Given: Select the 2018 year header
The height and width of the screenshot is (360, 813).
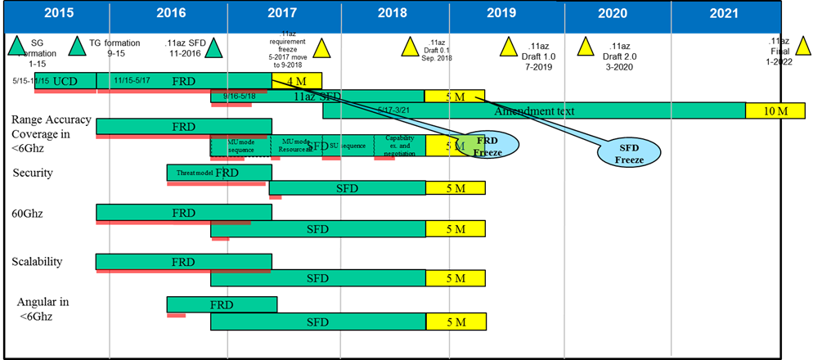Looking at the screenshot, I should click(x=392, y=13).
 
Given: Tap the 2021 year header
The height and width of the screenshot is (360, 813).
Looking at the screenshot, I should click(x=723, y=13).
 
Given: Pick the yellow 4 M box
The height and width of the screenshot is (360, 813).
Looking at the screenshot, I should click(x=296, y=80).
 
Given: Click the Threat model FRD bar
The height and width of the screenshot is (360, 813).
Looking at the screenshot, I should click(x=218, y=173).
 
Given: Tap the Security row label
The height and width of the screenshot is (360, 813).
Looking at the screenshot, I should click(x=33, y=173).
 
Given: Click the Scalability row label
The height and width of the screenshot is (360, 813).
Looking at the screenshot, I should click(x=38, y=262).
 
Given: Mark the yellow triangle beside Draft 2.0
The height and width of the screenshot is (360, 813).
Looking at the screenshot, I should click(x=586, y=47).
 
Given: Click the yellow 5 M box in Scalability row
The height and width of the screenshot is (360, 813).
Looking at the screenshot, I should click(x=455, y=279).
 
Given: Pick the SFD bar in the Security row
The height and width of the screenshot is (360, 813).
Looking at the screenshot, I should click(x=347, y=188).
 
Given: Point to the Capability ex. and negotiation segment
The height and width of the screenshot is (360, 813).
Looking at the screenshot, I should click(x=399, y=146).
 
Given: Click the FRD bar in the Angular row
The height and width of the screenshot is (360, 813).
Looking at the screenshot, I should click(x=221, y=305).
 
